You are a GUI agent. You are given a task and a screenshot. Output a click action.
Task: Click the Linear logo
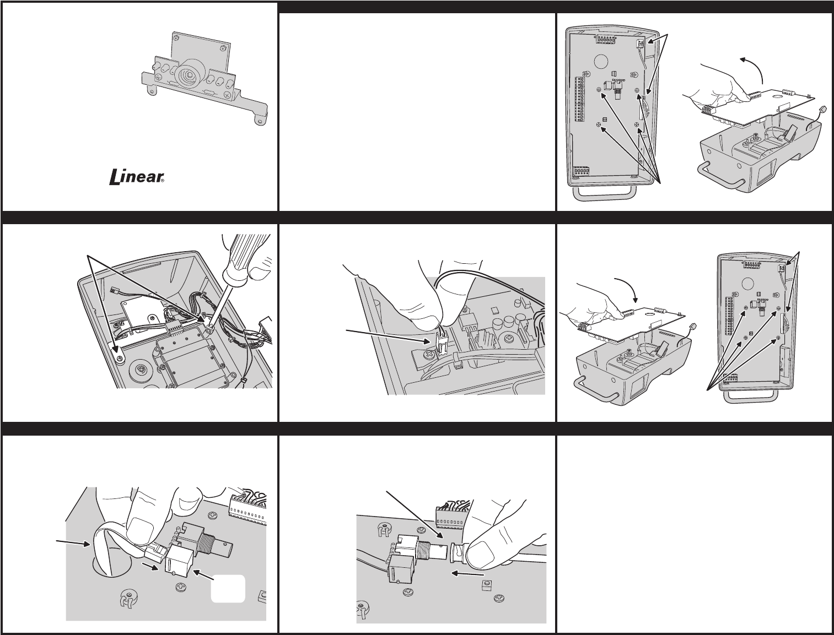(x=136, y=177)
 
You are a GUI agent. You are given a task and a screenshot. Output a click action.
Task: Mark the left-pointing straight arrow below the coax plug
(x=466, y=573)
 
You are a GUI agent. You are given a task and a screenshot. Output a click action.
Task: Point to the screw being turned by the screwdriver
(x=208, y=329)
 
